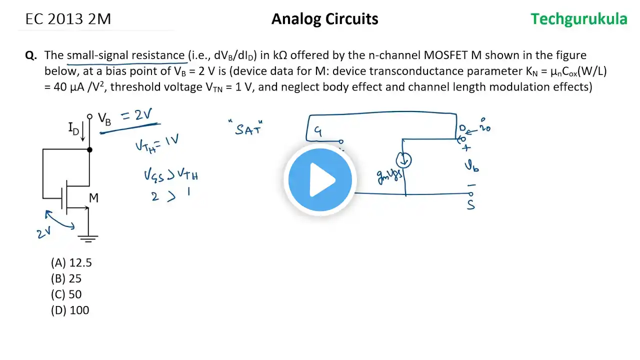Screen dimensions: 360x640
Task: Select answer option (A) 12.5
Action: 71,262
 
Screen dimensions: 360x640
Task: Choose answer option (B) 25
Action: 66,278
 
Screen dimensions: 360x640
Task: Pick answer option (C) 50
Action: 66,294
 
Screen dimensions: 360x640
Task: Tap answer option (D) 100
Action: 70,310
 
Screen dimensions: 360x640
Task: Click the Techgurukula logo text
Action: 578,19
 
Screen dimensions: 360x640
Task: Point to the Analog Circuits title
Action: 324,19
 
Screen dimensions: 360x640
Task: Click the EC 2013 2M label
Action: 68,19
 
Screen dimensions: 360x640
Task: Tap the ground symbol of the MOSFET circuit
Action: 88,238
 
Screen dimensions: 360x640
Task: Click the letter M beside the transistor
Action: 93,198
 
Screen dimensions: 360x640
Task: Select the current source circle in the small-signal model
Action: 403,160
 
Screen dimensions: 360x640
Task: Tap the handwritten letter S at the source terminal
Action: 470,204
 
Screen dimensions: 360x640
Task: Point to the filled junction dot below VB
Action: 89,149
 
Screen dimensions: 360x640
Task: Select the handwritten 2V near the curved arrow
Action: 44,232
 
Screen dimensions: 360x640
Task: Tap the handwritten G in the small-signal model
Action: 318,131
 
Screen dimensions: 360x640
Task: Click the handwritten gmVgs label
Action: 390,175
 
